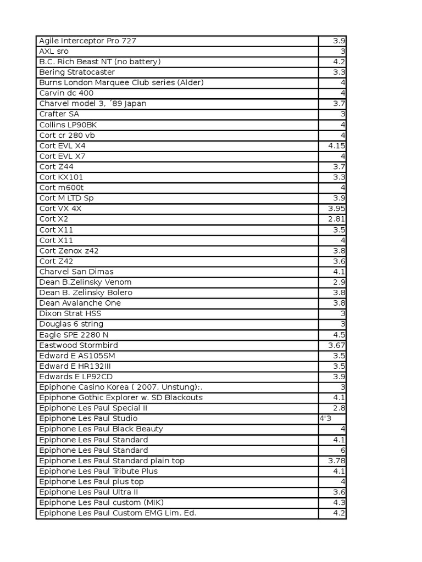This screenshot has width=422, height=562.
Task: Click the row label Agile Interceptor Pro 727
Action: pyautogui.click(x=87, y=41)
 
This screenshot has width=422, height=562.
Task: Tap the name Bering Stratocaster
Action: pyautogui.click(x=77, y=72)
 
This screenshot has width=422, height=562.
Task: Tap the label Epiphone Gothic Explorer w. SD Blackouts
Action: pyautogui.click(x=121, y=397)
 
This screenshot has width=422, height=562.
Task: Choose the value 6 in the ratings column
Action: pyautogui.click(x=342, y=450)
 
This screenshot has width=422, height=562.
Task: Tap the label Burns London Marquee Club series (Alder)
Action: pyautogui.click(x=121, y=82)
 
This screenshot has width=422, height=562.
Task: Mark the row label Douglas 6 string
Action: pyautogui.click(x=71, y=324)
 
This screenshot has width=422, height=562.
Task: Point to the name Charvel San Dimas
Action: pyautogui.click(x=76, y=271)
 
